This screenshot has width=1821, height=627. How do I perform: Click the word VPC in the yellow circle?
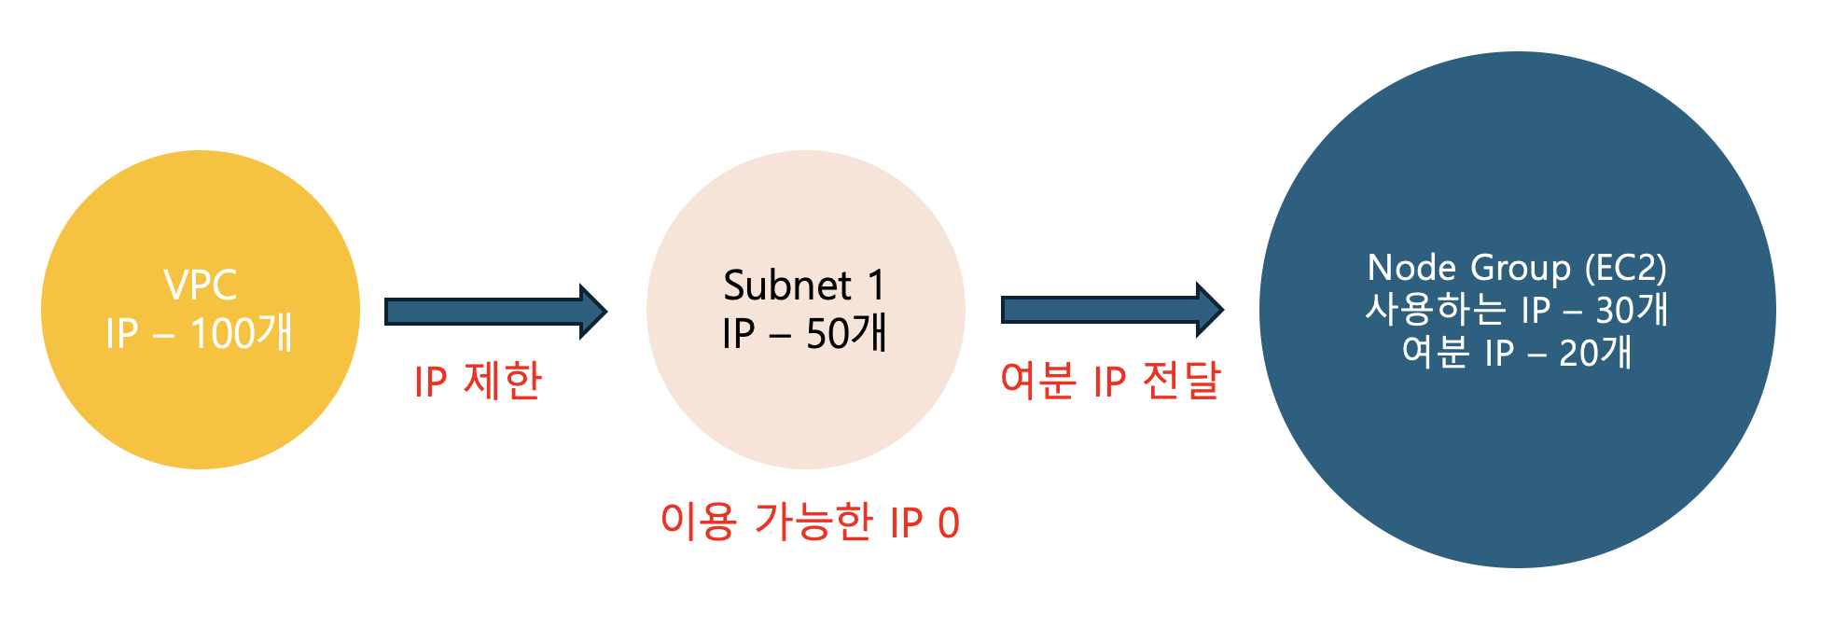(200, 285)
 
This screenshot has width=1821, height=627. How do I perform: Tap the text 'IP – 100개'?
(200, 333)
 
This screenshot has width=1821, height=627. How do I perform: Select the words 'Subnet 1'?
(804, 285)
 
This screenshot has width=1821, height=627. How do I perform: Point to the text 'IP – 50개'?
(804, 333)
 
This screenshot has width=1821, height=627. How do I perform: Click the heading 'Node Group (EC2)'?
(1517, 268)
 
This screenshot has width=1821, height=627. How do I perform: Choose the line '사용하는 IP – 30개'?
(1517, 310)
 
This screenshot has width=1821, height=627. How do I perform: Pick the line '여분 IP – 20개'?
(1517, 353)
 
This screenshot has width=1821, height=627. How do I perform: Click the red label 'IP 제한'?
(478, 382)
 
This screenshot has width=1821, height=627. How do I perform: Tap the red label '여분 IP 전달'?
(1110, 381)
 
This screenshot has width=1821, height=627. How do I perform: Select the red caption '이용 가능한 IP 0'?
(810, 522)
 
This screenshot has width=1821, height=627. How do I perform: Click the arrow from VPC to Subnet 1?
(494, 312)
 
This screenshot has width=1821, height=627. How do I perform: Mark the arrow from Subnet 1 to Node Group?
(1110, 310)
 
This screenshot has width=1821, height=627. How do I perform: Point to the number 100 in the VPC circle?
(221, 334)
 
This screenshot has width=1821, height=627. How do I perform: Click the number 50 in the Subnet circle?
(827, 334)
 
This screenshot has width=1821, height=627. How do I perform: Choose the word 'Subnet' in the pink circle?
(787, 286)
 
